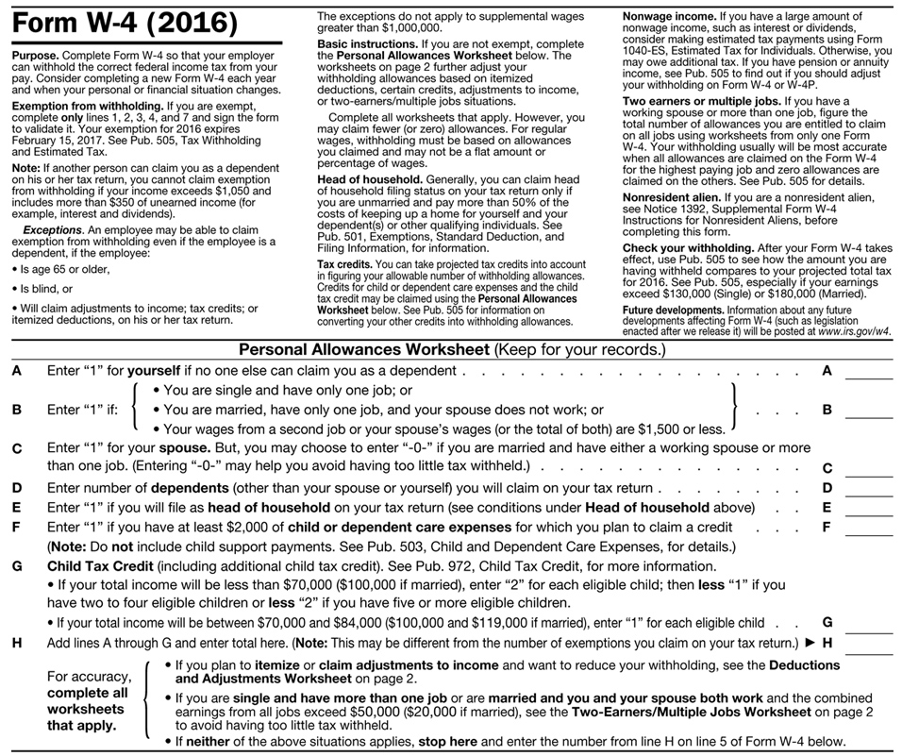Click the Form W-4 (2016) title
(x=125, y=22)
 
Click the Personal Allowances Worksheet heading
(x=363, y=350)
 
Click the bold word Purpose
(x=35, y=57)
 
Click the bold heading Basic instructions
(x=368, y=44)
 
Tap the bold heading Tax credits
(x=344, y=265)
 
